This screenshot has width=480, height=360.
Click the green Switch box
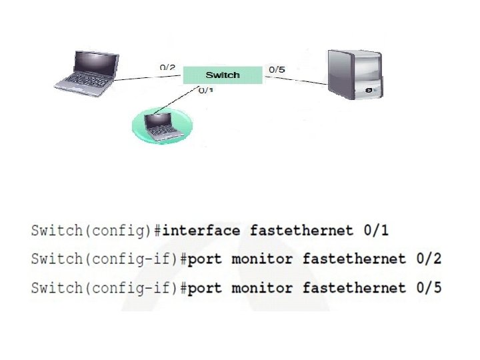click(x=222, y=75)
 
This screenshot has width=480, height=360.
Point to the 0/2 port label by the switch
click(x=167, y=67)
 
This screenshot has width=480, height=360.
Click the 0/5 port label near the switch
click(x=276, y=69)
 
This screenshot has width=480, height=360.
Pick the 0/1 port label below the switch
click(x=206, y=91)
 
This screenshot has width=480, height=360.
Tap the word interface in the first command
click(x=201, y=231)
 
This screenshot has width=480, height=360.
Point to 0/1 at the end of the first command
click(x=376, y=231)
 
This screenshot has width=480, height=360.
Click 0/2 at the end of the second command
click(x=429, y=259)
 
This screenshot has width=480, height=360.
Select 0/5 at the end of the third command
click(x=429, y=288)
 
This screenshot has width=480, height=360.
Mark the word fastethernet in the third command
click(x=354, y=288)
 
